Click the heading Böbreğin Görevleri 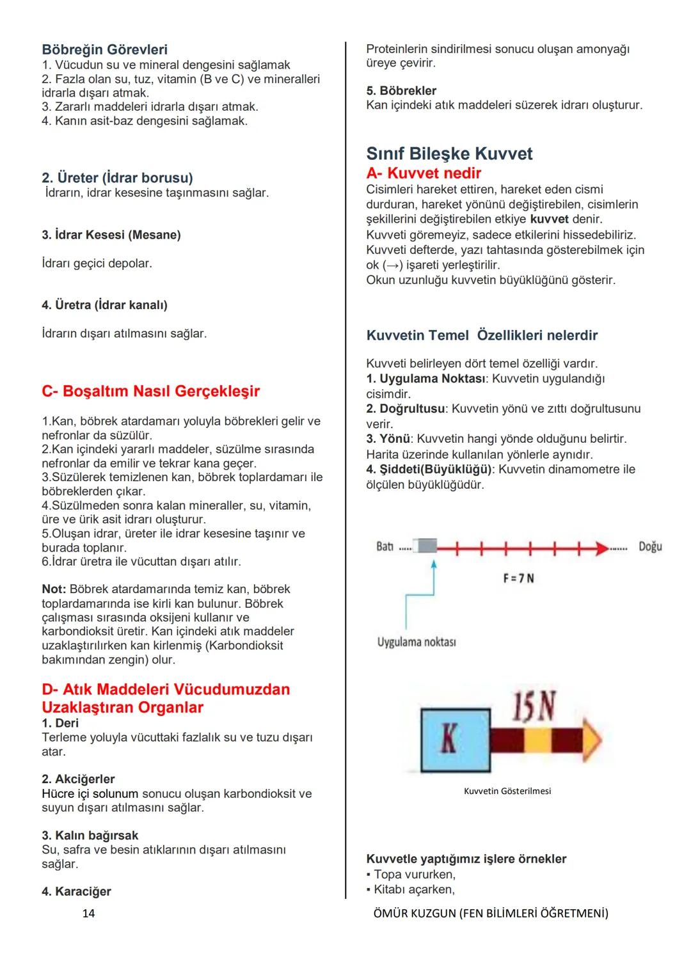tap(104, 49)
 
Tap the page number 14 tap(88, 913)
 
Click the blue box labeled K tap(455, 740)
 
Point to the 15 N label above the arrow tap(533, 706)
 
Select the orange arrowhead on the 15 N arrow tap(592, 740)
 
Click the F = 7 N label tap(518, 578)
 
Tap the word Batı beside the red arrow tap(385, 547)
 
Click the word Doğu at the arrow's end tap(650, 546)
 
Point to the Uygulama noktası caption tap(417, 642)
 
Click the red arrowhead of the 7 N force tap(602, 548)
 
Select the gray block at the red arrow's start tap(425, 546)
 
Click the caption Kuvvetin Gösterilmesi tap(507, 791)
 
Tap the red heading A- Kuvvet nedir tap(424, 173)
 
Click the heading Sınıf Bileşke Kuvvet tap(449, 154)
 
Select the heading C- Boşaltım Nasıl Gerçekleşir tap(150, 391)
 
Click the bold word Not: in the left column tap(54, 589)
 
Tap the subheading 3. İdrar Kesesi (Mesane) tap(111, 235)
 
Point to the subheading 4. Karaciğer tap(76, 891)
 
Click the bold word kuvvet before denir tap(549, 219)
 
